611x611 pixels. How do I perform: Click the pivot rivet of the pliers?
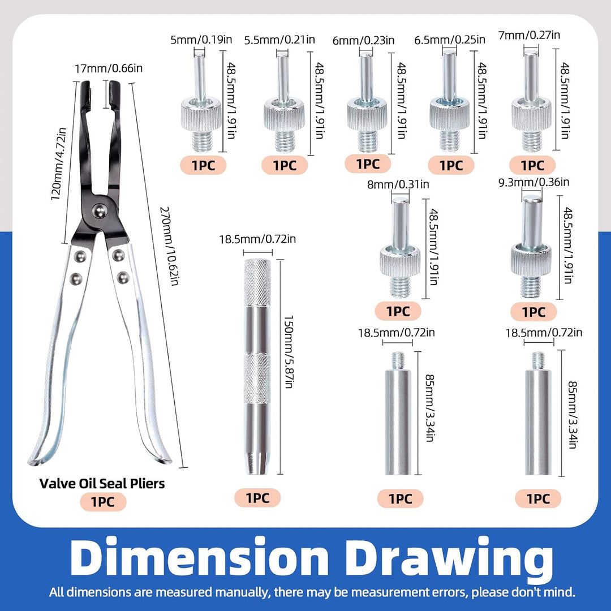[x=100, y=211]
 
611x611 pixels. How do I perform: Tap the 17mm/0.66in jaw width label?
[x=109, y=68]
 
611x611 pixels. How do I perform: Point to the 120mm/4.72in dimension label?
[x=59, y=164]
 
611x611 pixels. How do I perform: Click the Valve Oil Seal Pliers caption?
[x=102, y=484]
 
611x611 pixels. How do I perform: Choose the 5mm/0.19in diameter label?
[x=201, y=40]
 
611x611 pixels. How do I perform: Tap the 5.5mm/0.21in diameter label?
[x=279, y=40]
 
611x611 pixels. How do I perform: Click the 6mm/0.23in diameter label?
[x=363, y=41]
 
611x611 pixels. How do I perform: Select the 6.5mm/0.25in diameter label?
[x=450, y=40]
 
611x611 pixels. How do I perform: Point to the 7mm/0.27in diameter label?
[x=529, y=36]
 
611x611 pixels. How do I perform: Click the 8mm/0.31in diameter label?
[x=398, y=184]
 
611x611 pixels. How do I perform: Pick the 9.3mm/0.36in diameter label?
[x=534, y=182]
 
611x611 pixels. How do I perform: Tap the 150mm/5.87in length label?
[x=289, y=352]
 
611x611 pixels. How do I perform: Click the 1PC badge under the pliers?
[x=103, y=501]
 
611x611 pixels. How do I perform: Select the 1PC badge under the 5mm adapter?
[x=203, y=165]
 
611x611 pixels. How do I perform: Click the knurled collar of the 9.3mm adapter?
[x=531, y=260]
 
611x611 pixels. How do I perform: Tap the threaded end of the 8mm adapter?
[x=400, y=286]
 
